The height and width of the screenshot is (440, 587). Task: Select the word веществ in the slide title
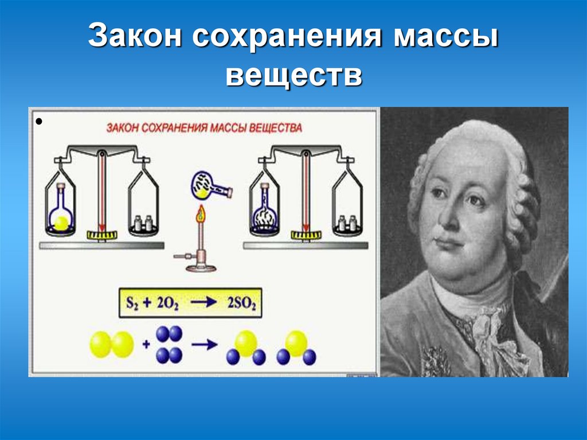(293, 76)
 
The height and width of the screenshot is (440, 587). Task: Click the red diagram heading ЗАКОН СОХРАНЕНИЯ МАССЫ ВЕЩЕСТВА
(204, 128)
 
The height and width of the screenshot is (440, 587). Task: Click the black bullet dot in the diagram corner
(39, 122)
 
